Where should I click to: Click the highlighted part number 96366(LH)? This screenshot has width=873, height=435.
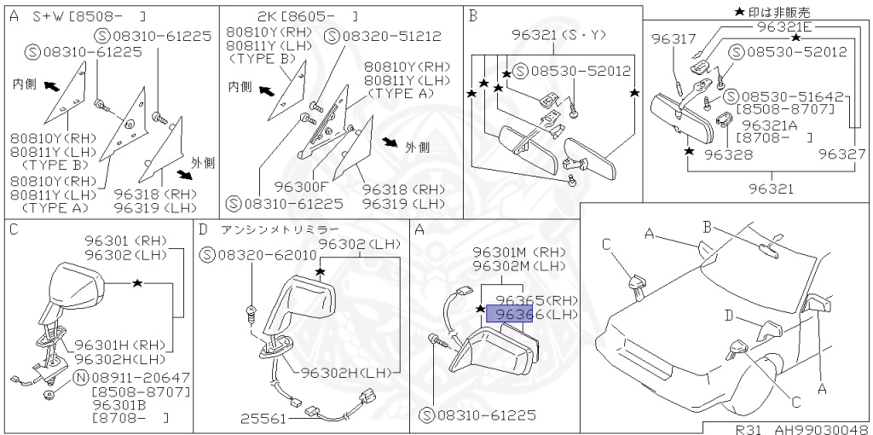[x=509, y=315]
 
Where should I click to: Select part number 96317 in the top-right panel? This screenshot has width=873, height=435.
[x=674, y=38]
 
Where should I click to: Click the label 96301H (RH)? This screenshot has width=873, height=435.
[x=122, y=345]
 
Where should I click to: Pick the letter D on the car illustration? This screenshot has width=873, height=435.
[x=729, y=316]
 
